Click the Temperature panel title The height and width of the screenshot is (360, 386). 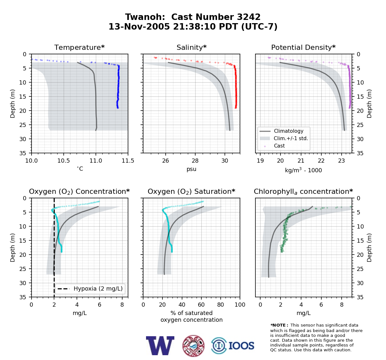click(79, 47)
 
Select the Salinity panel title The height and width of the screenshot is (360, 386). click(191, 47)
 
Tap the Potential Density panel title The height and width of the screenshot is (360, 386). click(303, 47)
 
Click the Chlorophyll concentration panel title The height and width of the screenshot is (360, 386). click(303, 192)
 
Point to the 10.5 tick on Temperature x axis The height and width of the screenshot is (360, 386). click(64, 161)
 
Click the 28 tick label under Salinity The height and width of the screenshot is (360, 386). click(195, 161)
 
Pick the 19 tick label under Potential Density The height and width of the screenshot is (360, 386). click(260, 161)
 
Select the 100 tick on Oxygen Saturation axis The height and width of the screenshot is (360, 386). click(240, 305)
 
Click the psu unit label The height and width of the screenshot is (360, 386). click(191, 169)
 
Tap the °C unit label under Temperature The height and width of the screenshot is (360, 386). click(80, 169)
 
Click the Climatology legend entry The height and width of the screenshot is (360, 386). click(289, 131)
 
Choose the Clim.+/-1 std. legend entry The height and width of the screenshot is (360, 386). click(291, 138)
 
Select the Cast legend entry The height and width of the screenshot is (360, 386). click(279, 146)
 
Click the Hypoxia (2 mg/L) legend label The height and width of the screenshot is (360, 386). click(98, 289)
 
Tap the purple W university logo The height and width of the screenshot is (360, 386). click(160, 346)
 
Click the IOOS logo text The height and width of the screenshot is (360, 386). click(241, 346)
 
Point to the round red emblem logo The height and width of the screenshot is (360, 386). click(193, 346)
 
